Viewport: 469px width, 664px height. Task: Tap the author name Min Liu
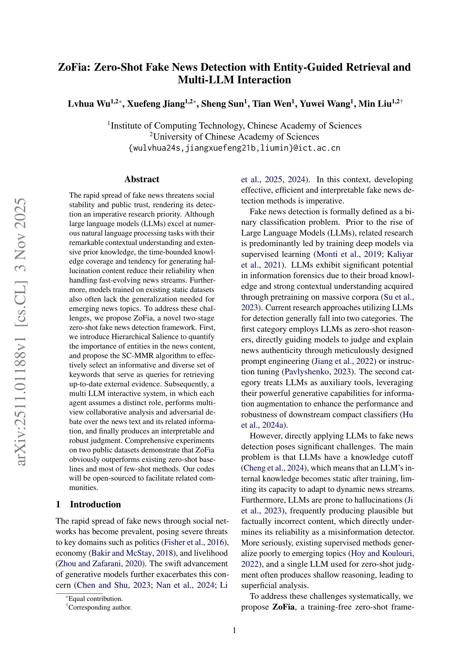pos(375,104)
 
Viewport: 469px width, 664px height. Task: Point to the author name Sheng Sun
pos(222,104)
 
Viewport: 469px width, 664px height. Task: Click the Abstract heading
pos(142,179)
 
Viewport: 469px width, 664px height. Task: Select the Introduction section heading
pos(95,504)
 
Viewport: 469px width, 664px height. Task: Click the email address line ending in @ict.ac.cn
pos(234,148)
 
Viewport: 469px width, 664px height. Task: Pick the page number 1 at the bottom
pos(234,630)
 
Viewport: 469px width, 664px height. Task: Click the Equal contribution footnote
pos(95,599)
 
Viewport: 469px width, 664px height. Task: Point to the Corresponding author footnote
pos(100,607)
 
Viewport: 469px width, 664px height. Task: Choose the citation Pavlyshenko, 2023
pos(318,372)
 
